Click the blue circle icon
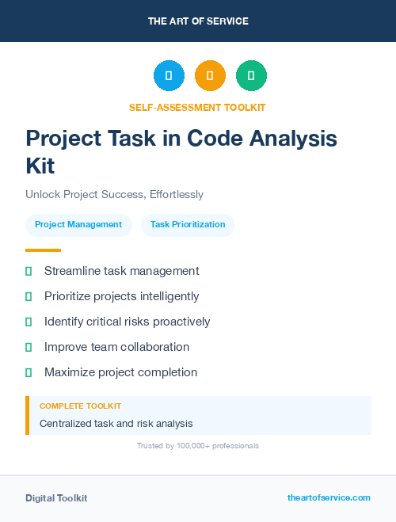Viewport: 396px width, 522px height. [169, 76]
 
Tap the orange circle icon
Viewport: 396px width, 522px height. [210, 76]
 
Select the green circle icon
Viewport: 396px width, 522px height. [251, 76]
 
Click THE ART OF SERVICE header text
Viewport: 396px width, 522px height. [198, 21]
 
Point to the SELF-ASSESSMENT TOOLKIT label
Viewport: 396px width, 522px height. [197, 107]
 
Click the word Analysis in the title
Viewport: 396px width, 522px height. [294, 139]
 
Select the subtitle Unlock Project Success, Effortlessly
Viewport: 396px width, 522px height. [114, 194]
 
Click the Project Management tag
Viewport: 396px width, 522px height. [78, 224]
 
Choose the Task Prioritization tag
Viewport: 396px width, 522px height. [188, 224]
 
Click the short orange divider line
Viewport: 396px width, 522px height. [44, 250]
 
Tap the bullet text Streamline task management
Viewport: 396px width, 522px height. [121, 271]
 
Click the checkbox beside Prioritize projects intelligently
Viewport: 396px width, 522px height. [29, 296]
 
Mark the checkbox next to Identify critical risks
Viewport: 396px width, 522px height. [29, 322]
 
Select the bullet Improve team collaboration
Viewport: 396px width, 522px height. [116, 347]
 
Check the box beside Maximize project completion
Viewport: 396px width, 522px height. [29, 372]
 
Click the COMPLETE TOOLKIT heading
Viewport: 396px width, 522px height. [80, 406]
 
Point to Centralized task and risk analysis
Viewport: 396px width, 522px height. [116, 424]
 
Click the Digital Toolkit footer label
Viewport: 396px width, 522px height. [56, 498]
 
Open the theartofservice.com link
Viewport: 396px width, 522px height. [329, 497]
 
